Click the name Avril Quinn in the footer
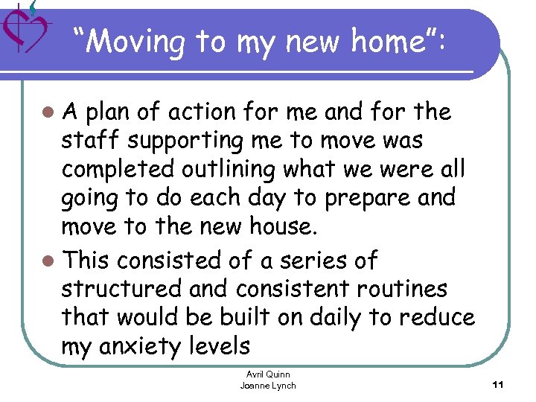pos(268,374)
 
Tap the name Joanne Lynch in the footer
pos(268,386)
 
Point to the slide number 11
pos(499,384)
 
